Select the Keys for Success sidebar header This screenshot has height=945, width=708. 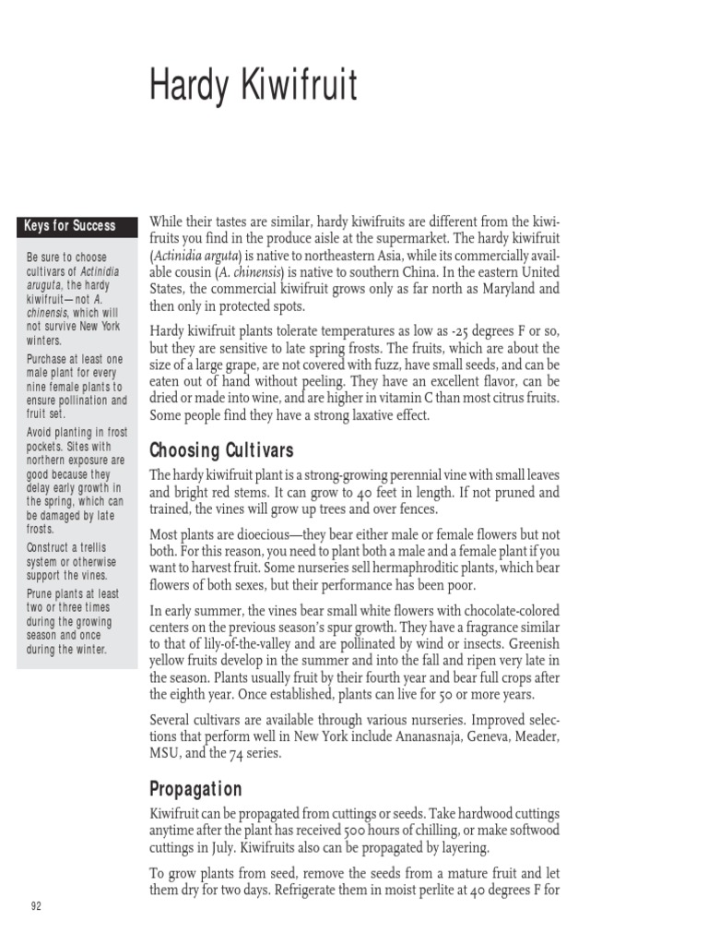70,225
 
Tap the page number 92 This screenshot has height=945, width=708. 37,905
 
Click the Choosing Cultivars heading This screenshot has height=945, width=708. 221,450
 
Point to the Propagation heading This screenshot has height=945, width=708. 195,789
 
